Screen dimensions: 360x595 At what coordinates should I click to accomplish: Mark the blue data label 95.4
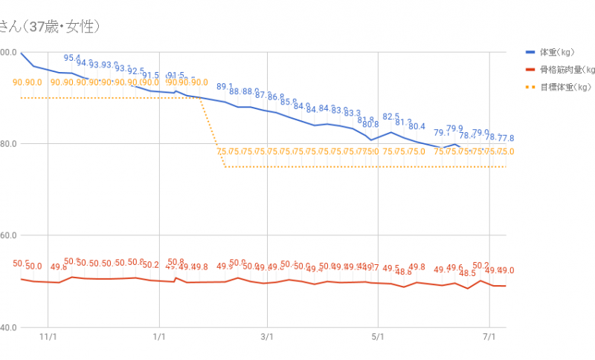(72, 58)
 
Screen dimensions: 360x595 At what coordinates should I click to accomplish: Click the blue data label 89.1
(225, 87)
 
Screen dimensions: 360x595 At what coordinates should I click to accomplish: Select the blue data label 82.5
(391, 117)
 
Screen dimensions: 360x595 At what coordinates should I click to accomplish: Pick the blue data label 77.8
(506, 138)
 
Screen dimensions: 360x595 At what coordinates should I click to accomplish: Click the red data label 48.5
(468, 273)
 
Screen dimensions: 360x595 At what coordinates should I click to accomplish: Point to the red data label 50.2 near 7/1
(480, 266)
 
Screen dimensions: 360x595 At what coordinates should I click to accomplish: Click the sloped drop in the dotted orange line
(213, 134)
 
